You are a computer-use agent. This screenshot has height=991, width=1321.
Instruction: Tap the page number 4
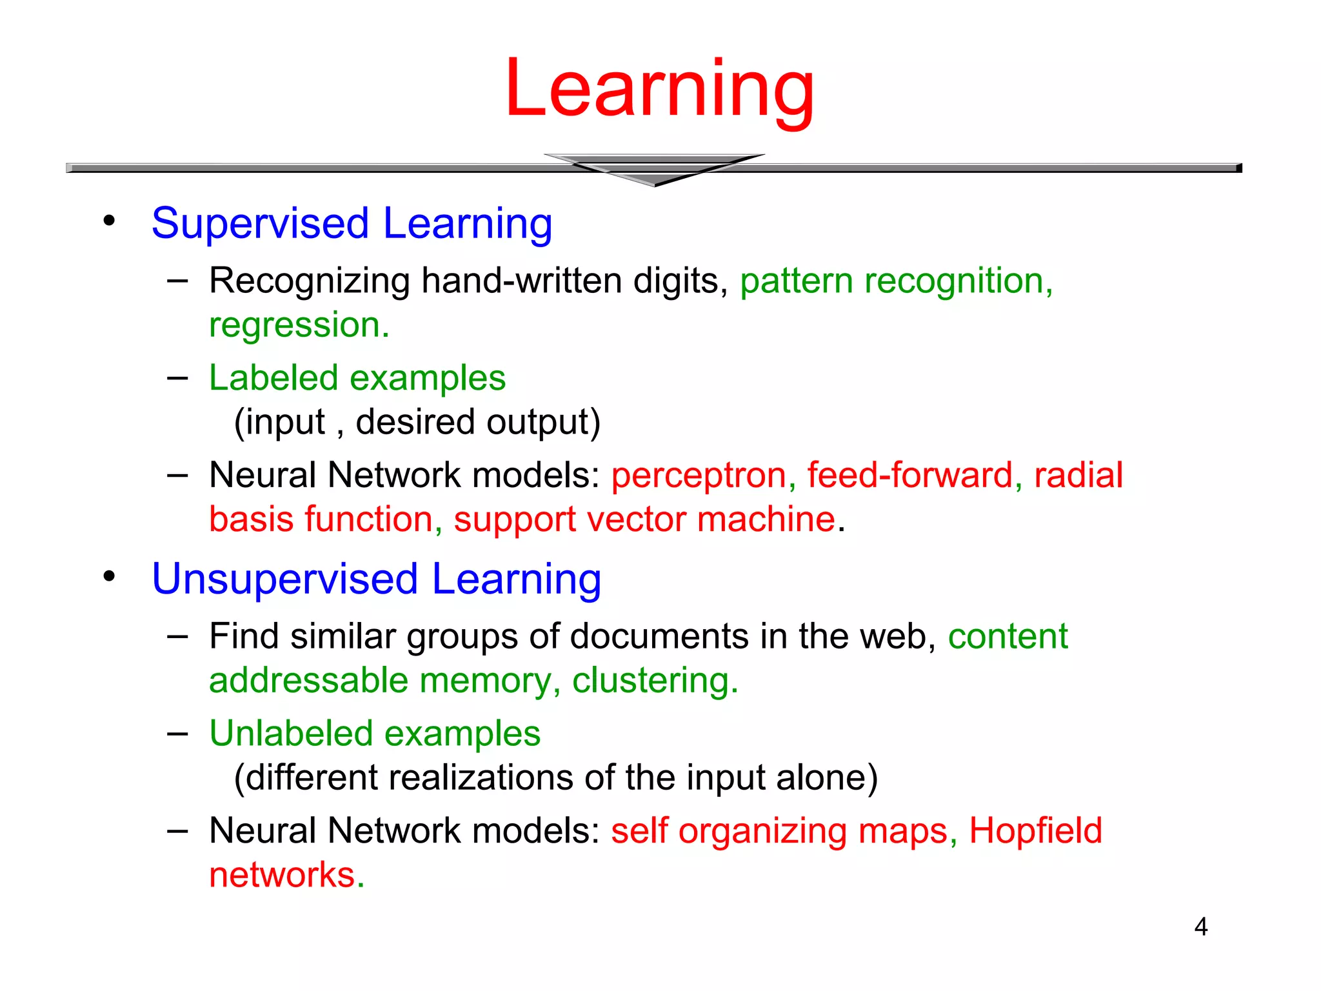click(1200, 926)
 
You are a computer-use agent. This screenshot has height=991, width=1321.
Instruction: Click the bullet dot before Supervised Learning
click(109, 221)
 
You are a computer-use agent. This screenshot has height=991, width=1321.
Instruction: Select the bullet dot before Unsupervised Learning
click(109, 576)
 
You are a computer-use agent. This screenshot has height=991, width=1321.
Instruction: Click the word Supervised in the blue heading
click(260, 225)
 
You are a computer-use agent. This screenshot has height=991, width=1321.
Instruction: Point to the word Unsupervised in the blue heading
click(284, 579)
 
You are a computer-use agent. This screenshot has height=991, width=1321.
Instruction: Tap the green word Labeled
click(273, 377)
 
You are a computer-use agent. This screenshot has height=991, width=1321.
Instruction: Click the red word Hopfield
click(1035, 831)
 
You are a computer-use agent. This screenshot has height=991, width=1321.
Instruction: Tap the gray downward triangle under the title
click(654, 170)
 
